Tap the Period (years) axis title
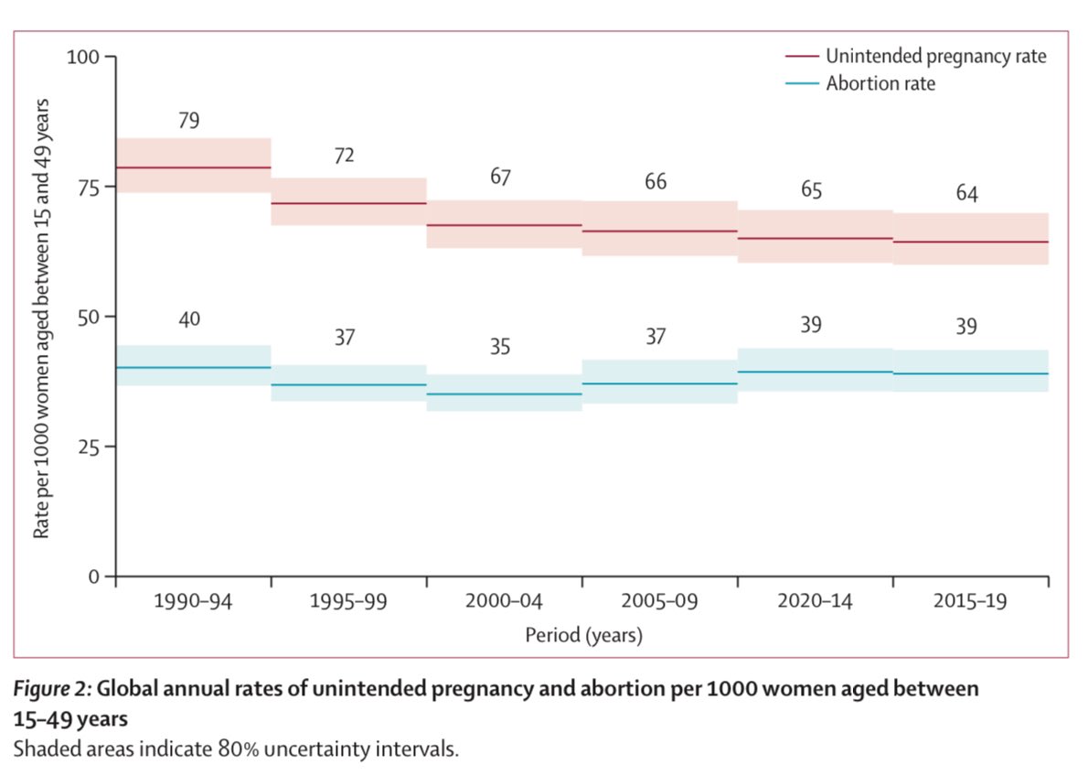coord(583,635)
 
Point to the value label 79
coord(189,121)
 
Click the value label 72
coord(344,156)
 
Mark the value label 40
coord(189,319)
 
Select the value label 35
coord(499,348)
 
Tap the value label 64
coord(966,195)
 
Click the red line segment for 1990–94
coord(194,167)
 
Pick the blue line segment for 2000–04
coord(504,394)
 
